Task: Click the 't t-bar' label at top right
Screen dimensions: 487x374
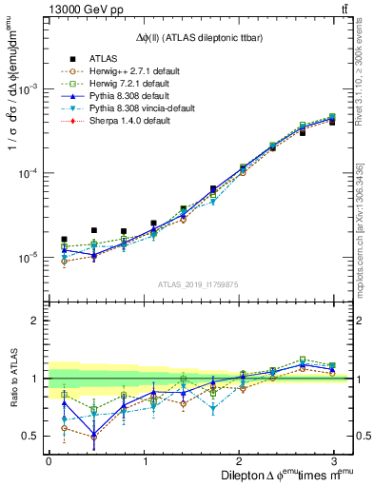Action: (x=343, y=9)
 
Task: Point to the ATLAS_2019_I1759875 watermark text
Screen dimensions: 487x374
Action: (x=199, y=284)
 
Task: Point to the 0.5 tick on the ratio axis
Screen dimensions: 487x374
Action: (x=30, y=438)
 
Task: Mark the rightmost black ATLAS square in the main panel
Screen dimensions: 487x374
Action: (x=331, y=123)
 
